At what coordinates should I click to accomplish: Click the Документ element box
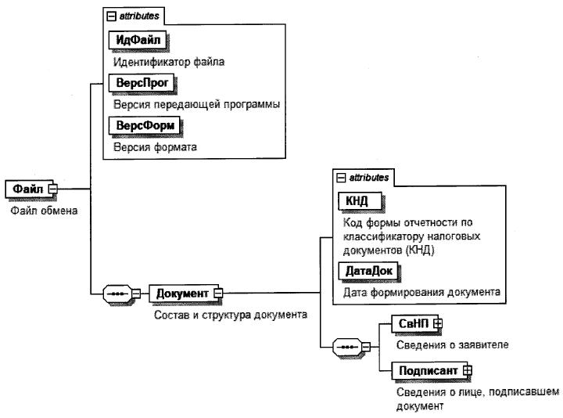[x=181, y=294]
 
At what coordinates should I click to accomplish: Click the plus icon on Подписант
[x=468, y=369]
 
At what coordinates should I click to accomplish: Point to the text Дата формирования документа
[x=421, y=293]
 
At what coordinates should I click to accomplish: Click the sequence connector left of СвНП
[x=347, y=345]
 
